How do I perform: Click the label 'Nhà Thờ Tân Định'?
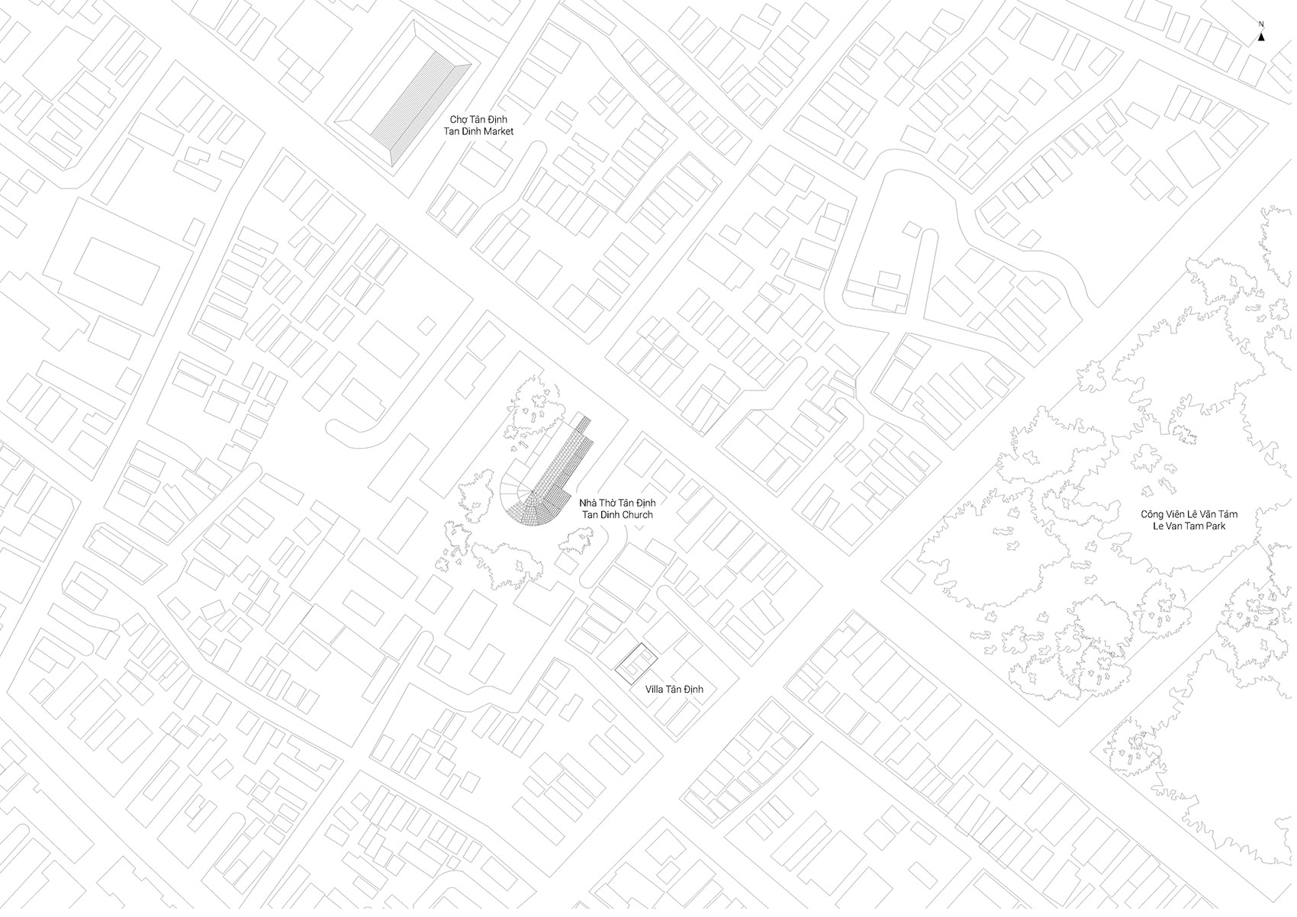pos(617,504)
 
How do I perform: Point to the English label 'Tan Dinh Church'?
pos(617,515)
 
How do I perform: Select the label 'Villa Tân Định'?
pos(674,690)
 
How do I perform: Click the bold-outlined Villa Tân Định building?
pos(637,662)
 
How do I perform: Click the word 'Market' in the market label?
pos(497,131)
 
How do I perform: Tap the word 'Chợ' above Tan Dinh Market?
pos(458,120)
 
